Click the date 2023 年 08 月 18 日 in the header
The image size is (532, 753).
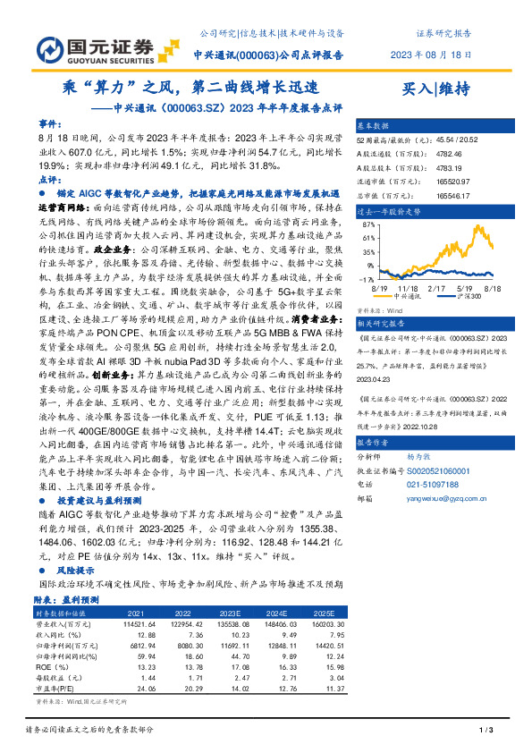(x=431, y=55)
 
